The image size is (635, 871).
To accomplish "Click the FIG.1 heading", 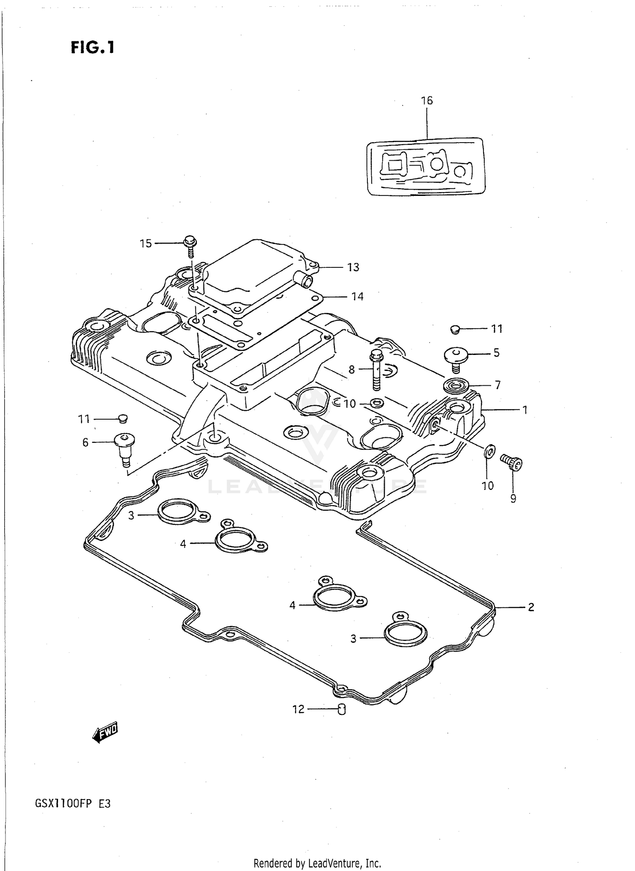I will coord(92,47).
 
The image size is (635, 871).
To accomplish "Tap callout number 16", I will coord(427,101).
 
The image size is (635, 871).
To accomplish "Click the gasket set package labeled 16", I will coord(425,166).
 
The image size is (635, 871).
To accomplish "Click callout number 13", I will coord(353,267).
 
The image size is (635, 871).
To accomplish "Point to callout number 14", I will coord(357,297).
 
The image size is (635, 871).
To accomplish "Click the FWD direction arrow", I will coord(105,734).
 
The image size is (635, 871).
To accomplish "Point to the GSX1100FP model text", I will coord(73,804).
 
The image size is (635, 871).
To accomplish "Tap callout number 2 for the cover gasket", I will coord(531,607).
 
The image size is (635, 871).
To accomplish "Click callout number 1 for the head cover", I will coord(525,410).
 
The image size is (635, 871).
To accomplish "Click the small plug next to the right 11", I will coord(455,329).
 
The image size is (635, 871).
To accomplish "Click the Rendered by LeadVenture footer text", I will coord(317,863).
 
